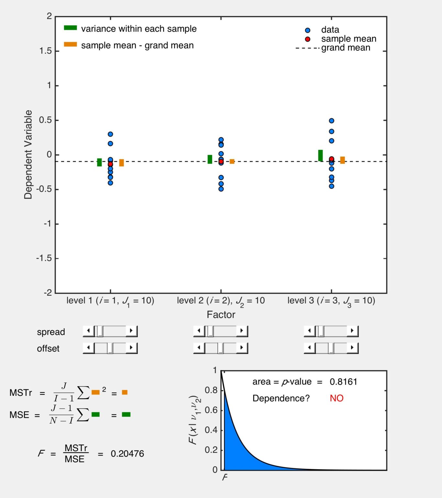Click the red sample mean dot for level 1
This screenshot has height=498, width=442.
tap(110, 164)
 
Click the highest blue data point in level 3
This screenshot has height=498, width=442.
tap(331, 121)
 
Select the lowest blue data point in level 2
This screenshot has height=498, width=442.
tap(221, 189)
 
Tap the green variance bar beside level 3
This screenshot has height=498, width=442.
tap(320, 156)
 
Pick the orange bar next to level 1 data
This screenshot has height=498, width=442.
tap(122, 163)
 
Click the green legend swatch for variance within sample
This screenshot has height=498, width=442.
tap(70, 28)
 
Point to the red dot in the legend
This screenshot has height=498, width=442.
tap(308, 39)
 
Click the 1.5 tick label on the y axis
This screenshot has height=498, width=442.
tap(45, 51)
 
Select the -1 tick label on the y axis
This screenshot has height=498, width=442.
tap(48, 224)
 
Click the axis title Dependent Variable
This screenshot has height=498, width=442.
tap(28, 154)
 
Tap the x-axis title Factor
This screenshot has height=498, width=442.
tap(221, 314)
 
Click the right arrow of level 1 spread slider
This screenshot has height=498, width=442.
tap(131, 331)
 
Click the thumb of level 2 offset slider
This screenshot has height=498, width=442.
tap(221, 348)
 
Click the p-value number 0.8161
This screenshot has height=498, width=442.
tap(343, 382)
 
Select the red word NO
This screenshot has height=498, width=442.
tap(337, 398)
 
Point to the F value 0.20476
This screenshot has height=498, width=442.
tap(127, 454)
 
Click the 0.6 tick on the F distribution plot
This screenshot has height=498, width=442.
tap(211, 410)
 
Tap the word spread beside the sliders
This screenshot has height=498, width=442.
tap(51, 332)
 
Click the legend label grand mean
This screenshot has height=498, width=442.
tap(346, 48)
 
